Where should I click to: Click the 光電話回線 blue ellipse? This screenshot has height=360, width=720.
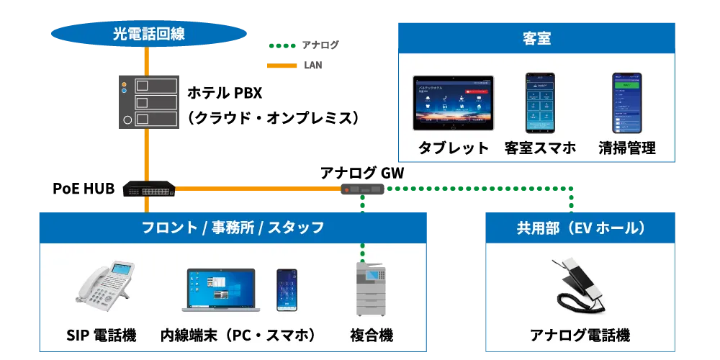[148, 33]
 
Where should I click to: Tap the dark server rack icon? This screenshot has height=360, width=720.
[149, 102]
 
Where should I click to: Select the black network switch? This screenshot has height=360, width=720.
[148, 190]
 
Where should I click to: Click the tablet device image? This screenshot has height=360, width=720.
[454, 103]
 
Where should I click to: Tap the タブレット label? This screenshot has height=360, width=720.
[454, 148]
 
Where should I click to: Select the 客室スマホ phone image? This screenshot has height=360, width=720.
[539, 102]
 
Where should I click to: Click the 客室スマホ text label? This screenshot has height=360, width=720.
[540, 148]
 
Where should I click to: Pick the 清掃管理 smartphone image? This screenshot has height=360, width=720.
[626, 102]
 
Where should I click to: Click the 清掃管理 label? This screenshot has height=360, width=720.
[626, 148]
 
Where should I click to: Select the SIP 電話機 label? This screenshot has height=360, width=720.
[101, 336]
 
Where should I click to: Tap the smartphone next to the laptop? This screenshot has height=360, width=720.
[287, 289]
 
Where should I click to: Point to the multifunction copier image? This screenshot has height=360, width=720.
[371, 289]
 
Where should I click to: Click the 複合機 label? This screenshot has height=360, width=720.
[372, 336]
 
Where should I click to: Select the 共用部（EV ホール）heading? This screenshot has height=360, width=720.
[580, 228]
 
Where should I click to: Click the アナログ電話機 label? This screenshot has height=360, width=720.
[580, 336]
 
